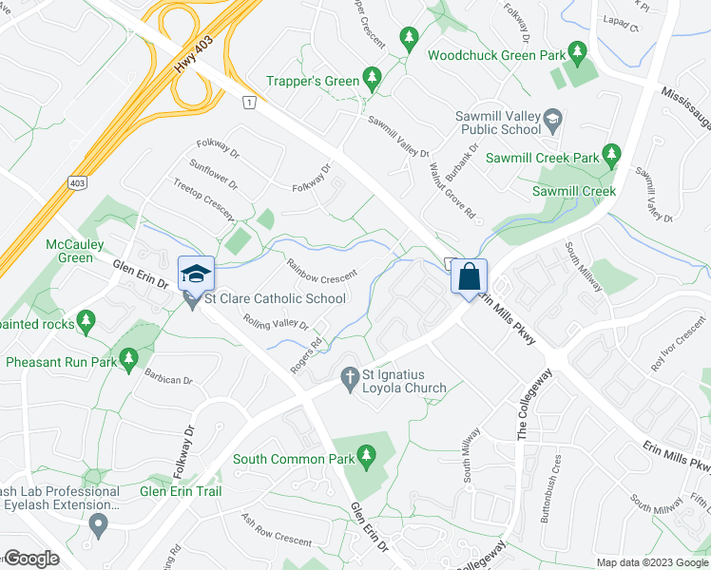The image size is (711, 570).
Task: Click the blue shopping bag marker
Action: (x=469, y=277)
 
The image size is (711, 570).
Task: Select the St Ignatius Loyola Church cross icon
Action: (x=349, y=378)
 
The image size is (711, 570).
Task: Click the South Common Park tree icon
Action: (x=368, y=459)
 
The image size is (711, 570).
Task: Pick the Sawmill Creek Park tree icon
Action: (x=612, y=153)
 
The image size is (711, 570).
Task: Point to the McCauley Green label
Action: (x=75, y=251)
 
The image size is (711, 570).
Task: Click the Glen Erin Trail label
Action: (x=181, y=491)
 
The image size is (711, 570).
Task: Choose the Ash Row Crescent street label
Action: (x=276, y=530)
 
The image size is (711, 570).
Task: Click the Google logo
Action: (x=31, y=559)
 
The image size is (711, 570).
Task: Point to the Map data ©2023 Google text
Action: (x=651, y=562)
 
